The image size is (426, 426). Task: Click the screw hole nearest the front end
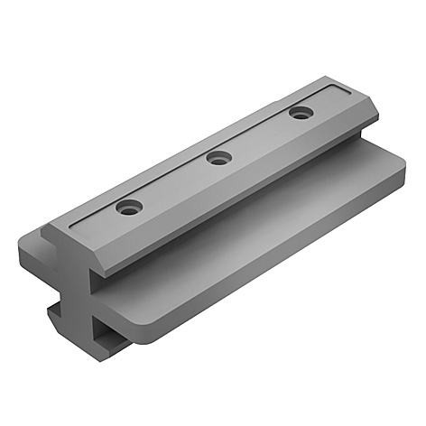pyautogui.click(x=129, y=208)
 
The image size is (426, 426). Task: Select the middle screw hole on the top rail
pyautogui.click(x=218, y=159)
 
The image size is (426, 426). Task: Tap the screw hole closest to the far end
pyautogui.click(x=300, y=114)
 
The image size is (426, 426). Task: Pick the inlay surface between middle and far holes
pyautogui.click(x=260, y=136)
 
